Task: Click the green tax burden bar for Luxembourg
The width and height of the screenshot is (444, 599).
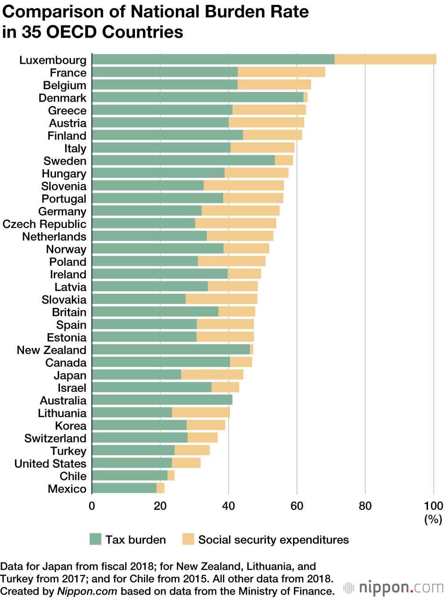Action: click(x=213, y=59)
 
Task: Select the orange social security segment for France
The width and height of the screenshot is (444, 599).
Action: click(x=281, y=72)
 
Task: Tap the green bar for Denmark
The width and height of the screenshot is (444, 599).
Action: click(x=198, y=97)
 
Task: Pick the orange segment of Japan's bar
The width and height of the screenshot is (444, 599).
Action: click(x=212, y=374)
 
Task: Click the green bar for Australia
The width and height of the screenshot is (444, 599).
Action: click(x=162, y=400)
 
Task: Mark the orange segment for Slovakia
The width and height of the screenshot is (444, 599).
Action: click(x=221, y=299)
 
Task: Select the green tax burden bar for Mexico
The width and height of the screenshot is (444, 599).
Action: click(x=124, y=488)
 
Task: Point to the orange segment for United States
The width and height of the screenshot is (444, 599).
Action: click(x=186, y=463)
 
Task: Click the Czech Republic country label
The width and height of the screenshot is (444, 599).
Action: click(x=44, y=224)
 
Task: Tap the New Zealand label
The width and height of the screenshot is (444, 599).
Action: click(x=52, y=350)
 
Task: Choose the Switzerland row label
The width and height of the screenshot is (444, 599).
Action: click(x=55, y=438)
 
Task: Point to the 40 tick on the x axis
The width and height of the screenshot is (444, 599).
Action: click(x=229, y=506)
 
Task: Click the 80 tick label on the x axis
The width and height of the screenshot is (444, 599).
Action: click(x=365, y=506)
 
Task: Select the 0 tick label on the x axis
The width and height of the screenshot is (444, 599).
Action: click(x=92, y=506)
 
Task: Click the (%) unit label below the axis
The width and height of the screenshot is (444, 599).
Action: click(x=433, y=519)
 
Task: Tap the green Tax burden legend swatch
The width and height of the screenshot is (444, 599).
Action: click(x=95, y=539)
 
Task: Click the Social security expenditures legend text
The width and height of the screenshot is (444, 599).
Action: click(x=274, y=540)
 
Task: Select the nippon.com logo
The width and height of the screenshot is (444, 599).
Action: click(x=393, y=588)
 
